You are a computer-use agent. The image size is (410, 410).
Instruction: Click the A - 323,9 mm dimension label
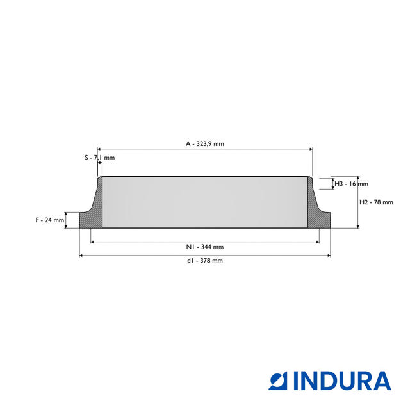pos(205,143)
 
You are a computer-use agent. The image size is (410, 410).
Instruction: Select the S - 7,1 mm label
pos(100,158)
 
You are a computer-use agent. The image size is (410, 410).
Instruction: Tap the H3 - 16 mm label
pos(352,184)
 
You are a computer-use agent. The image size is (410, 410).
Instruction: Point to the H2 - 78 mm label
pos(376,202)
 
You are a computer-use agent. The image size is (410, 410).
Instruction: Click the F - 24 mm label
pos(50,220)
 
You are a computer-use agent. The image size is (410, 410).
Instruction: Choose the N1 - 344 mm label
pos(205,247)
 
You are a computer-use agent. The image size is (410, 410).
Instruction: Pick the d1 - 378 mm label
pos(205,261)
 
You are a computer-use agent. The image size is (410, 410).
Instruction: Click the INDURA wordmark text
pos(342,381)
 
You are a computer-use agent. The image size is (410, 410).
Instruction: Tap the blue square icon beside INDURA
pos(278,381)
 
